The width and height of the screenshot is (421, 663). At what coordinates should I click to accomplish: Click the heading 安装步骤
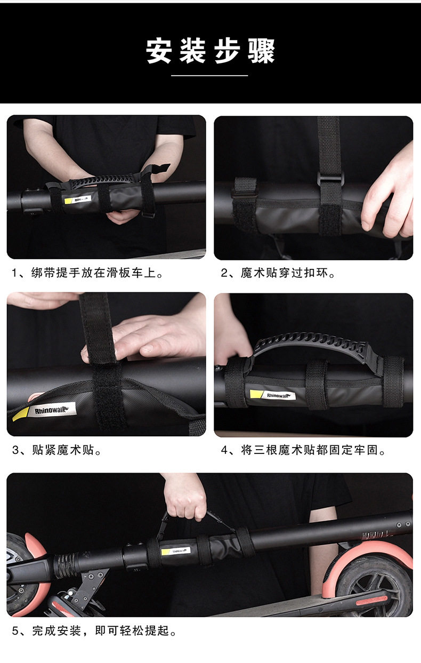coord(210,51)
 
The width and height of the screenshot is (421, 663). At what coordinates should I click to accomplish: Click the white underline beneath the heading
coord(209,76)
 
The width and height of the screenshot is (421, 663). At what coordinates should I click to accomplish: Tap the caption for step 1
coord(87,273)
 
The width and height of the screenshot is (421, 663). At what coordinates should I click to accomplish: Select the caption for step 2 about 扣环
coord(278,273)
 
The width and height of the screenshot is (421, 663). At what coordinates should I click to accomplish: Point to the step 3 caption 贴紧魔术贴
coord(57,450)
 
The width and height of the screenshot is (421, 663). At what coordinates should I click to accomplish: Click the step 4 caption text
coord(303,450)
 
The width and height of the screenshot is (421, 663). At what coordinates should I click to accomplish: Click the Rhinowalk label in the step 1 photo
coord(78,199)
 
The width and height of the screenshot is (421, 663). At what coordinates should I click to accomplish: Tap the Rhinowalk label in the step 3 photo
coord(44,411)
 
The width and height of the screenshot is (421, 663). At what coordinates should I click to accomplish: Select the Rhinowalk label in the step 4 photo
coord(272,395)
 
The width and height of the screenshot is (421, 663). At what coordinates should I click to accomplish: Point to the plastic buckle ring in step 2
coord(330,179)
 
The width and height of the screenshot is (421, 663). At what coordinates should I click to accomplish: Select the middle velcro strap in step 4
coord(317,385)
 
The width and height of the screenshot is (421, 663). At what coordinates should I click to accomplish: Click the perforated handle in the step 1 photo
coord(102,180)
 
